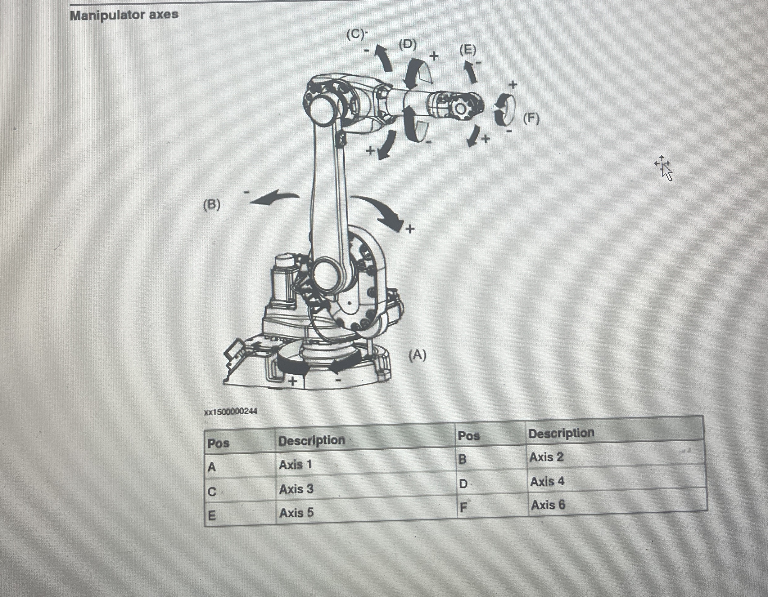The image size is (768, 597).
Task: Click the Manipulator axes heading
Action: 124,15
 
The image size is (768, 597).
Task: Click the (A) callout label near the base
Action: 418,356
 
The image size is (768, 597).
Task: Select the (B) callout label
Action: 212,204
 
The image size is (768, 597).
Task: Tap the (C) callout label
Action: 355,34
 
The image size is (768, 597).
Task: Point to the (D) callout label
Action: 408,45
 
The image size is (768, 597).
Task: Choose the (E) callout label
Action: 468,50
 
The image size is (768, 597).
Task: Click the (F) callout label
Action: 531,119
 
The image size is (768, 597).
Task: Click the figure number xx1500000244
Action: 231,412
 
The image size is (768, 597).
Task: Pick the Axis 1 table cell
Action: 296,465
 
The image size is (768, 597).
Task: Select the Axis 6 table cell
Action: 548,505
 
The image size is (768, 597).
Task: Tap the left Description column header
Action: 312,440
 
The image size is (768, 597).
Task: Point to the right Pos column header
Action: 469,436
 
